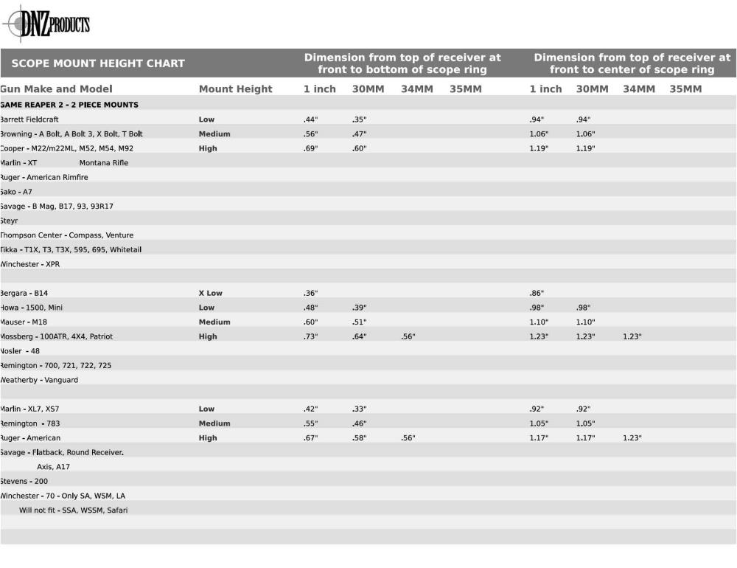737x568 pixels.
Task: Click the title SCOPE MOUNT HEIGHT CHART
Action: click(98, 63)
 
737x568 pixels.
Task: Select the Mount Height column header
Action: click(235, 89)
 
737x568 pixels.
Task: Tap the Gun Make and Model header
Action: click(56, 89)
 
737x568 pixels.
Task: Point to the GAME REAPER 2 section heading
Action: click(69, 105)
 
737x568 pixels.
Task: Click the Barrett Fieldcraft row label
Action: click(29, 120)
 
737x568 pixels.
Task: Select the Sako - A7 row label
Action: click(16, 192)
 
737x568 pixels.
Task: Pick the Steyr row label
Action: click(9, 221)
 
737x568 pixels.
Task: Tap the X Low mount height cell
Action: click(210, 293)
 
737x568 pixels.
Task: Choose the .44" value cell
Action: click(310, 120)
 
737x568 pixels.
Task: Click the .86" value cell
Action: click(537, 293)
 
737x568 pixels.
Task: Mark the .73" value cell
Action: click(310, 336)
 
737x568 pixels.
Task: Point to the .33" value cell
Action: click(359, 409)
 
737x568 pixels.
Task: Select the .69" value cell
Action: click(310, 148)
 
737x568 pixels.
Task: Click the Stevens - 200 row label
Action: click(24, 481)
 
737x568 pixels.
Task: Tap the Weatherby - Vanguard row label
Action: click(39, 380)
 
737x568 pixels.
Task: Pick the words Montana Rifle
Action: click(103, 163)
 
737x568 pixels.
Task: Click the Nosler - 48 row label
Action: click(20, 351)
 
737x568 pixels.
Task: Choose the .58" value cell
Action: click(359, 438)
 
